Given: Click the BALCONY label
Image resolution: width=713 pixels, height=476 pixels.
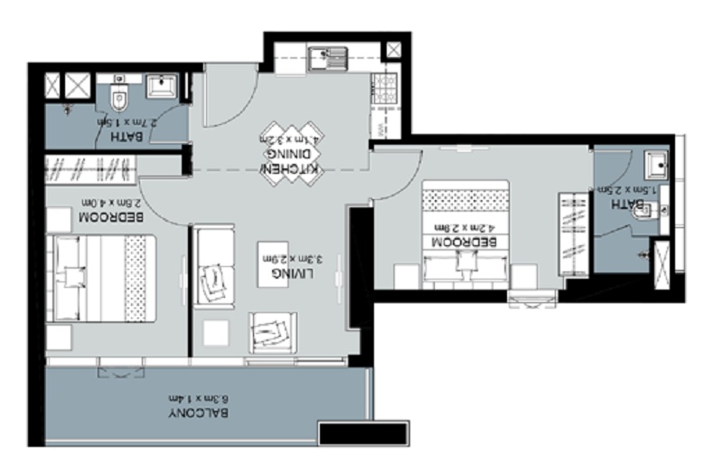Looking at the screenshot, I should (x=198, y=413).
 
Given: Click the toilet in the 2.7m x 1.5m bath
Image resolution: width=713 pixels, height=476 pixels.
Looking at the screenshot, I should (x=118, y=94).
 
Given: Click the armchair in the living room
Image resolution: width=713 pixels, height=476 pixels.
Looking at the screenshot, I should (x=272, y=330).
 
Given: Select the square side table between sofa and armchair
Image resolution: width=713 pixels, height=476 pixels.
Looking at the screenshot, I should (x=217, y=333).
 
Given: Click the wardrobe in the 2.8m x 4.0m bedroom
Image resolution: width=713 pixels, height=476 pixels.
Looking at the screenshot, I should (x=90, y=167).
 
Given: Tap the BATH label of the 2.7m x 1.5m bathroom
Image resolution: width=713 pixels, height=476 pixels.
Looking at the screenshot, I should (x=121, y=137).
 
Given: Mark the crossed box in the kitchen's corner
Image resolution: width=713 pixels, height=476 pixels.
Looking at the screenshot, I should (x=394, y=51).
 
